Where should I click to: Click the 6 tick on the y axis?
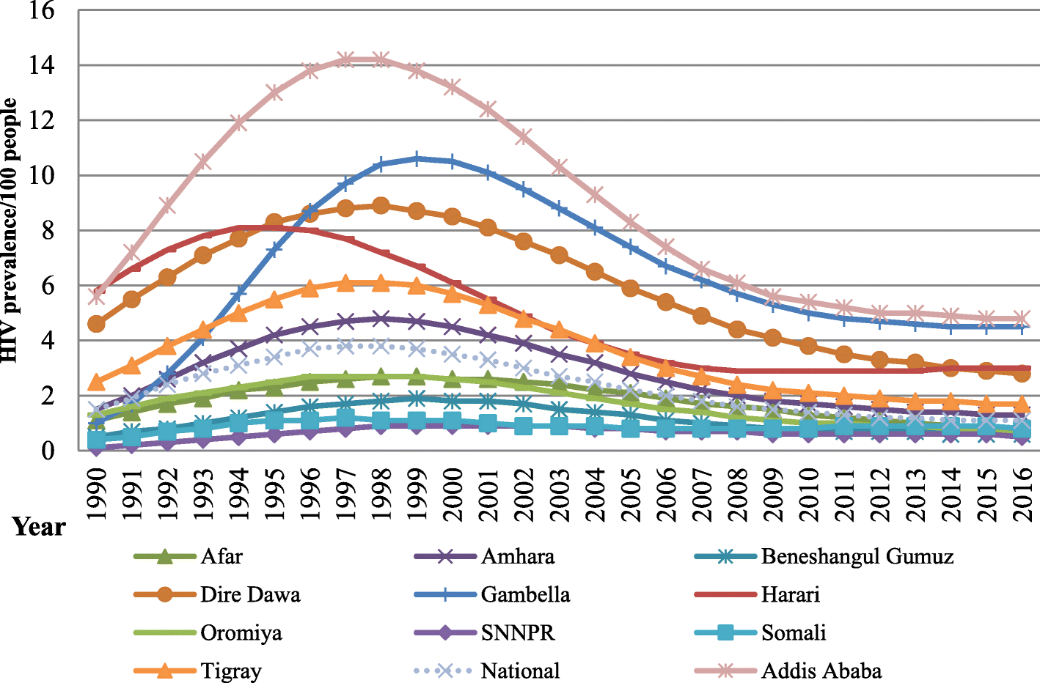pyautogui.click(x=48, y=286)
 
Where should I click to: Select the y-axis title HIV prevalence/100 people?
pyautogui.click(x=10, y=230)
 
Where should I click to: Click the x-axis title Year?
pyautogui.click(x=39, y=527)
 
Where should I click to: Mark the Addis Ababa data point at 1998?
pyautogui.click(x=381, y=59)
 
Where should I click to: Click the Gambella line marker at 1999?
pyautogui.click(x=417, y=158)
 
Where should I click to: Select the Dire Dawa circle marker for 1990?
pyautogui.click(x=96, y=323)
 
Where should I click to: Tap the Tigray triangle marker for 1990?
pyautogui.click(x=96, y=382)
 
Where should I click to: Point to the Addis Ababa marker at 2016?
pyautogui.click(x=1022, y=319)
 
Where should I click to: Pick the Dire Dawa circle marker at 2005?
pyautogui.click(x=630, y=288)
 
